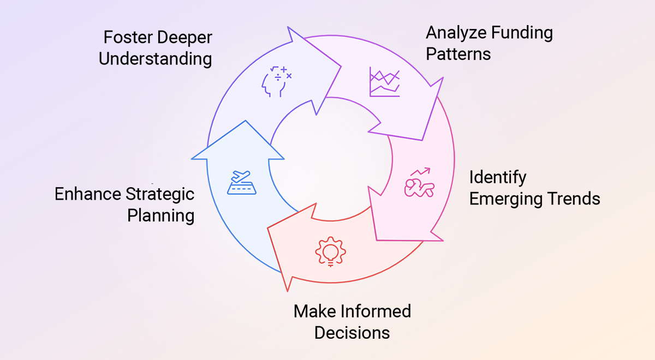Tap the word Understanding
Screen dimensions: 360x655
click(156, 59)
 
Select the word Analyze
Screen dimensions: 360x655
click(456, 33)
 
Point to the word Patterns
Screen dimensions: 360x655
click(458, 54)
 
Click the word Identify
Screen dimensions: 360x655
click(498, 178)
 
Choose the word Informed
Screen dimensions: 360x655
click(376, 311)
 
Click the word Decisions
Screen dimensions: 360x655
click(352, 332)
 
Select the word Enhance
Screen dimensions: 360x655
click(88, 194)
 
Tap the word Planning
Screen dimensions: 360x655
click(160, 215)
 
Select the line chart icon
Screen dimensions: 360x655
click(384, 82)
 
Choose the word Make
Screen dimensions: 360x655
click(314, 311)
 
